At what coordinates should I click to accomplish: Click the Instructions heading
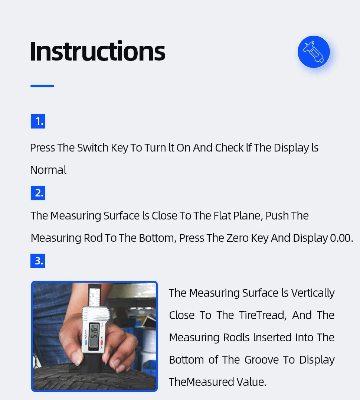(x=97, y=51)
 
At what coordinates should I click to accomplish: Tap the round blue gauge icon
(x=314, y=52)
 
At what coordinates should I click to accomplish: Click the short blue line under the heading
(x=42, y=86)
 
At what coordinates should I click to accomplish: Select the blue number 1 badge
(x=38, y=121)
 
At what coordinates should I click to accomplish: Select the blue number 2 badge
(x=38, y=193)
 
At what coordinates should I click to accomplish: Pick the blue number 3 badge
(x=38, y=261)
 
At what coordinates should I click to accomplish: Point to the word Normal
(x=48, y=170)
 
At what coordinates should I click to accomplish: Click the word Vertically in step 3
(x=313, y=293)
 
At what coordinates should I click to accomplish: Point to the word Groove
(x=262, y=360)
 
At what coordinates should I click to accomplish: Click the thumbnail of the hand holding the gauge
(x=94, y=336)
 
